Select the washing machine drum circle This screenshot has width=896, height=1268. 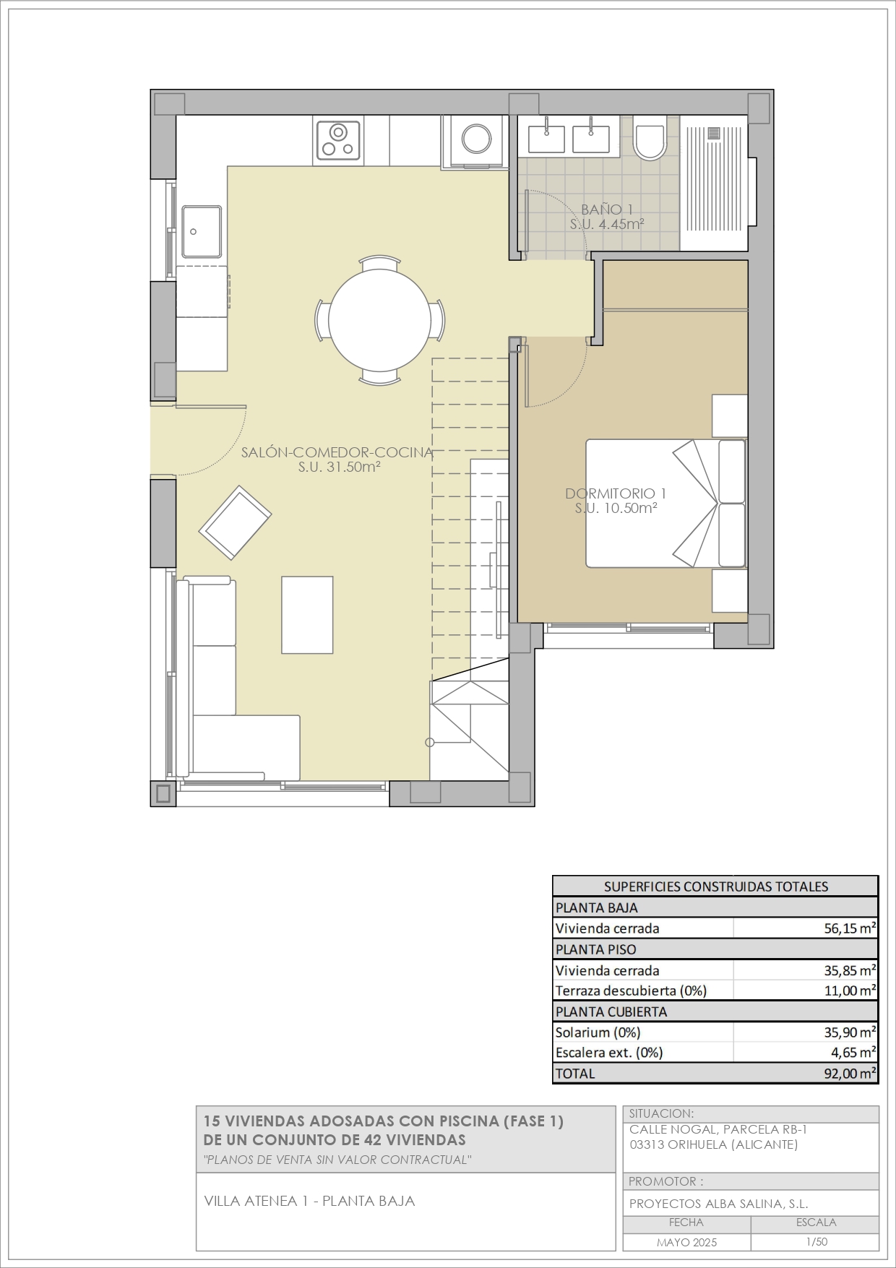click(476, 139)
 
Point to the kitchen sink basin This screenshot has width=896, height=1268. click(202, 231)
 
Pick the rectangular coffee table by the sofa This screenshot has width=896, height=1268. click(307, 614)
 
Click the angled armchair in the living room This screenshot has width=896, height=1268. click(236, 522)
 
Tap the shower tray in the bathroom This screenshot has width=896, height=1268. click(715, 184)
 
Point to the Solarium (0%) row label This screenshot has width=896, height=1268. click(598, 1032)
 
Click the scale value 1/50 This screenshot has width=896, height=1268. click(817, 1242)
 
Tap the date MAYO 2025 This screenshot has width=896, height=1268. click(686, 1243)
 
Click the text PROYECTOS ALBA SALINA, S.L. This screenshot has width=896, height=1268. click(718, 1204)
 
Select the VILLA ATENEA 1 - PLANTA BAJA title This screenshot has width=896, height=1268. click(309, 1201)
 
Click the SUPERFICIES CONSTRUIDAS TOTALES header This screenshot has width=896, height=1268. click(716, 887)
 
